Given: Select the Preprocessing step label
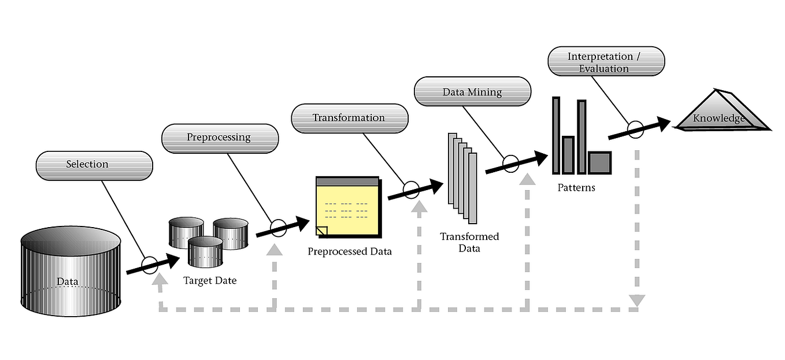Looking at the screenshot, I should (x=220, y=139).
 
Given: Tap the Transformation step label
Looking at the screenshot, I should (x=349, y=118).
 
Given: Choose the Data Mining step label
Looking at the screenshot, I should (x=472, y=92).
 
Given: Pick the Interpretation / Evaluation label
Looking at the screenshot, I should (x=606, y=62).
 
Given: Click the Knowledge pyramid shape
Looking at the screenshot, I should (x=722, y=113).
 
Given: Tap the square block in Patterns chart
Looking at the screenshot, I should (x=599, y=162).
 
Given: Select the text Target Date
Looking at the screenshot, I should (x=210, y=281).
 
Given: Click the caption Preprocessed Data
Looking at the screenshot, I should (x=349, y=251).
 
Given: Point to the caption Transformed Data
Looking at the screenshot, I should (x=469, y=243).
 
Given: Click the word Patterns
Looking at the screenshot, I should (x=576, y=188).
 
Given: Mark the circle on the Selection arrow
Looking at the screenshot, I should (x=149, y=265).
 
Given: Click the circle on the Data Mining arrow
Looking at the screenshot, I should (x=510, y=164).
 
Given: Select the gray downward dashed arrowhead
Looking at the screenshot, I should (x=636, y=300).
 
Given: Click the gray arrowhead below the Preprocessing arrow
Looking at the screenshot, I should (x=275, y=248).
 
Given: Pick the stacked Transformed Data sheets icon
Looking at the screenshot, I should (x=462, y=178).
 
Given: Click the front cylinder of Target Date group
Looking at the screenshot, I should (x=206, y=251).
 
